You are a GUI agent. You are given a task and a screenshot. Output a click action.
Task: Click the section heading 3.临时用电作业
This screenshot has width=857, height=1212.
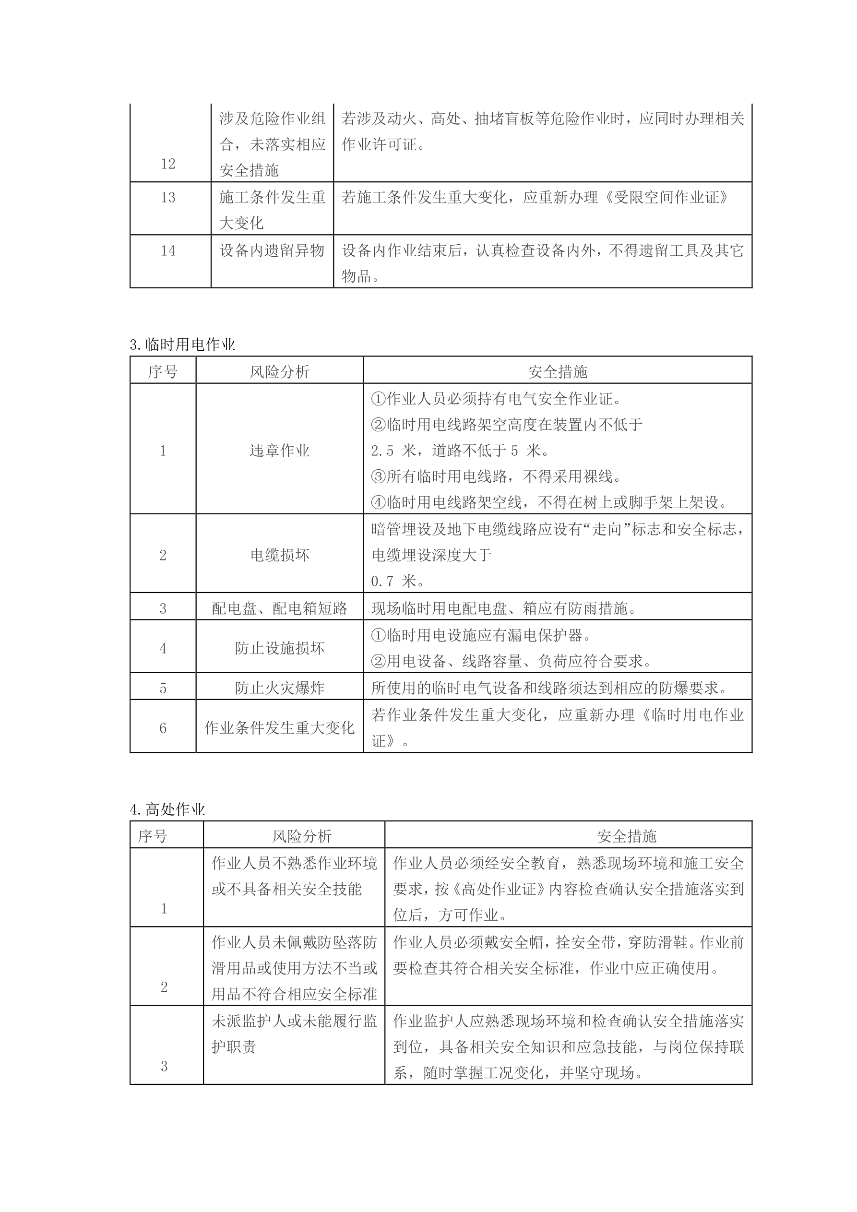(x=182, y=345)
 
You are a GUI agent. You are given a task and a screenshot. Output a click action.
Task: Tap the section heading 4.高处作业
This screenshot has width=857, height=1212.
(x=167, y=809)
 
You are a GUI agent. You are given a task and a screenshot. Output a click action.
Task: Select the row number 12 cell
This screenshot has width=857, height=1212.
(x=168, y=164)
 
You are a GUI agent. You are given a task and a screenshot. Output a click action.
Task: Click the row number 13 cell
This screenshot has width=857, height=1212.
(x=168, y=197)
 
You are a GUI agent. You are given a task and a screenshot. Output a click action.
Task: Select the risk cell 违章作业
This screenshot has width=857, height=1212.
(x=279, y=450)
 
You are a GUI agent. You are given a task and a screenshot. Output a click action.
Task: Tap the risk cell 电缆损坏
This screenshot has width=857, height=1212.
(x=279, y=555)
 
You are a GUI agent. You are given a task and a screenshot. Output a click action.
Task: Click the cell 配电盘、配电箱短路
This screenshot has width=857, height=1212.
(x=279, y=609)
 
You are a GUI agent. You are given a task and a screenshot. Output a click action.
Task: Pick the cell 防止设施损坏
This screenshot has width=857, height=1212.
(x=279, y=648)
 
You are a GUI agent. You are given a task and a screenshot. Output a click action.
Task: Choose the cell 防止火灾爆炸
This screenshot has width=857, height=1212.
(x=279, y=688)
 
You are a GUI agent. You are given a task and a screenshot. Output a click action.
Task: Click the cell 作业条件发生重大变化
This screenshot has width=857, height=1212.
(x=279, y=728)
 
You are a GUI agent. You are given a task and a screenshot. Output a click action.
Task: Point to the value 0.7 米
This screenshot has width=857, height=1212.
(x=394, y=581)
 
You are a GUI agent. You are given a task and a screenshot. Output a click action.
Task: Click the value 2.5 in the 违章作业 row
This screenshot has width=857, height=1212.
(x=382, y=450)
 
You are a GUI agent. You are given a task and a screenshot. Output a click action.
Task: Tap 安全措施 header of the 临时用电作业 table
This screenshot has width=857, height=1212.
(x=557, y=372)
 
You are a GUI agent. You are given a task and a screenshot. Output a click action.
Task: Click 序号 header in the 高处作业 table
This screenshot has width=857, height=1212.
(x=153, y=836)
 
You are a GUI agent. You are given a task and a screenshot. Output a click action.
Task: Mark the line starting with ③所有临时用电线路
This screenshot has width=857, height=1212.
(x=496, y=476)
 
